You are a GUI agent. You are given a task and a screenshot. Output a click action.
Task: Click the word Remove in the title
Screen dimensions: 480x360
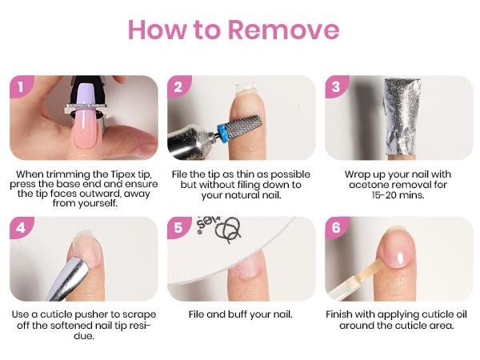(x=283, y=30)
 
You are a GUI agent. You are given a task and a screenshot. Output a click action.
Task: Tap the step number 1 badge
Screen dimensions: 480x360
(x=21, y=87)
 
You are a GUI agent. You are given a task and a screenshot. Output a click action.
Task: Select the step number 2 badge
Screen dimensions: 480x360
(x=178, y=87)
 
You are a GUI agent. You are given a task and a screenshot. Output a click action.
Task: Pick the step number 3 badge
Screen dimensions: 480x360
(x=336, y=87)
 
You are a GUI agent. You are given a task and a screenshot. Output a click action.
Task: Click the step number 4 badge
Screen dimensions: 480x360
(x=21, y=228)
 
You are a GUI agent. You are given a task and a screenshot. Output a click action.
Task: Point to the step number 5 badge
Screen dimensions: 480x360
(x=178, y=228)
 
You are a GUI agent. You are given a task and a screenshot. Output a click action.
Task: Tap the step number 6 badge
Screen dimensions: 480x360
(x=336, y=228)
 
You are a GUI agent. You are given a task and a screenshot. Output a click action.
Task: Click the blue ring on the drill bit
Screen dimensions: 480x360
(x=221, y=133)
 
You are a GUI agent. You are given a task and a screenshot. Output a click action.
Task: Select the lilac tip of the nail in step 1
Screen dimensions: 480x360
(x=86, y=94)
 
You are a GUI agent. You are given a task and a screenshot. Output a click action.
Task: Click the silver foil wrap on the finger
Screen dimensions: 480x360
(x=402, y=116)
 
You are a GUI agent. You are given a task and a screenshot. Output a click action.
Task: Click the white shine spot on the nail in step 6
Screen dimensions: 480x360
(x=400, y=258)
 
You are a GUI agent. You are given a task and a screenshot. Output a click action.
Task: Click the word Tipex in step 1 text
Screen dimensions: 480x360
(x=122, y=174)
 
